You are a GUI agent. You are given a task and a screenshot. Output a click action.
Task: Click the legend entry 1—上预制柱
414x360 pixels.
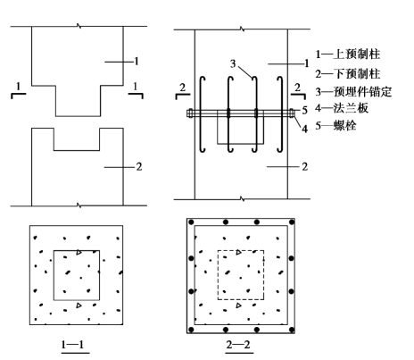[348, 54]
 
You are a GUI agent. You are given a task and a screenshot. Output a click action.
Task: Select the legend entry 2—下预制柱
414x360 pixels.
[348, 73]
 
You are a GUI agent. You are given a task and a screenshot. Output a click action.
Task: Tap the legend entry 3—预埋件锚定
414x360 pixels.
[353, 91]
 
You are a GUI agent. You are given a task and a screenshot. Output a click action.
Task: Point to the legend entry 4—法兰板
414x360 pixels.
[342, 108]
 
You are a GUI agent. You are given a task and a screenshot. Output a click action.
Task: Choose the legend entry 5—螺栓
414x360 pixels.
[335, 126]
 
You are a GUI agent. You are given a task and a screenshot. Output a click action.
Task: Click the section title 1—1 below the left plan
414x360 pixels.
[72, 345]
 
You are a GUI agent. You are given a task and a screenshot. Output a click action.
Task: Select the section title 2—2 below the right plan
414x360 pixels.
[238, 345]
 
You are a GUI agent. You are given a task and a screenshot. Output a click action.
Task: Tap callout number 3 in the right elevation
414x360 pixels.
[233, 63]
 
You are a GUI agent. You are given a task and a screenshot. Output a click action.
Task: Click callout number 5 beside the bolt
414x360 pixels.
[305, 111]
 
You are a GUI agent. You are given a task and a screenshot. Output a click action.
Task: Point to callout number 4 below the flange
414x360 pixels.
[304, 129]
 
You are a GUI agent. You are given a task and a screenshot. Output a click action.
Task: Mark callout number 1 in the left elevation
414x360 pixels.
[137, 62]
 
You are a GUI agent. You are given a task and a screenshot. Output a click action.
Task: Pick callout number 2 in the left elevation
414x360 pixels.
[139, 167]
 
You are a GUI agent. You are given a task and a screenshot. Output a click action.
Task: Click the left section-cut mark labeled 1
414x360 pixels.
[19, 90]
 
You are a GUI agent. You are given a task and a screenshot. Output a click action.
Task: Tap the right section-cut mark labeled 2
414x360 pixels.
[298, 91]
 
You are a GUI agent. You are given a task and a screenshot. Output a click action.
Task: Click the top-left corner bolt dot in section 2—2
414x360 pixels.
[191, 222]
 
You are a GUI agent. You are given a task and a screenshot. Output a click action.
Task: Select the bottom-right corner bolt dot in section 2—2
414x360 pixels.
[292, 330]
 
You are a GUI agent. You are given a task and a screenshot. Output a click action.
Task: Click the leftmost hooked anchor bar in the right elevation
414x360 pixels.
[202, 114]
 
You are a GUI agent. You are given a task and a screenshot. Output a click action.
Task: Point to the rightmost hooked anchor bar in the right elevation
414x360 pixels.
[281, 114]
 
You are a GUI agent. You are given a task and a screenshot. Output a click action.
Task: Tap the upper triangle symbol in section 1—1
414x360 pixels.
[79, 253]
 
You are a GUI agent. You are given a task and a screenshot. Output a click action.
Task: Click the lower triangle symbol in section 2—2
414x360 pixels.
[238, 306]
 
